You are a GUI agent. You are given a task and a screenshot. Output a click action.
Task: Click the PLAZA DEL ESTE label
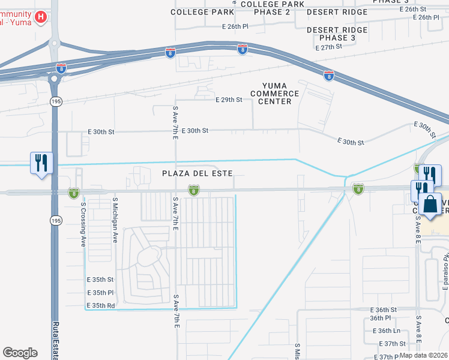coord(196,173)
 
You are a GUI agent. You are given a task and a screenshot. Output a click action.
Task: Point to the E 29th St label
coord(229,100)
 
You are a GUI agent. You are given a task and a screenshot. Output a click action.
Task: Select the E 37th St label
coord(393,343)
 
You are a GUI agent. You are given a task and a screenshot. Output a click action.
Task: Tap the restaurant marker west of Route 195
coord(41,163)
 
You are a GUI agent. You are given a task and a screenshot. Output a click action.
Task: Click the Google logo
coord(20,353)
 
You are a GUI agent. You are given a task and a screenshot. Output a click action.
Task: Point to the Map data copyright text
coord(423,355)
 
